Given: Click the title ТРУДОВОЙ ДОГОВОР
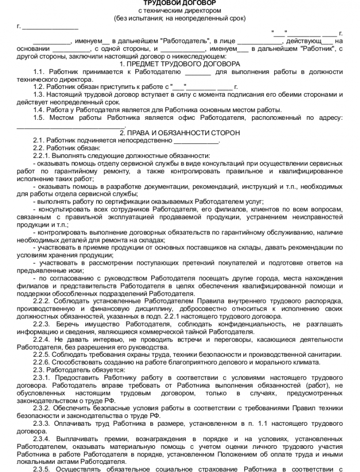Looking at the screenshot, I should click(x=179, y=3).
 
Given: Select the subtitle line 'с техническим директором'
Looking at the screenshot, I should click(x=179, y=10).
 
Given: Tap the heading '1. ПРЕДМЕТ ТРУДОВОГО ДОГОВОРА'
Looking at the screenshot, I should click(x=179, y=64).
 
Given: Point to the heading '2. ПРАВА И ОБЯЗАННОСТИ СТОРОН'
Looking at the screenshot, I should click(x=179, y=133).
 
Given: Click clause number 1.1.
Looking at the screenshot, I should click(x=38, y=72).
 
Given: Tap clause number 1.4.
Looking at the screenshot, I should click(x=38, y=110).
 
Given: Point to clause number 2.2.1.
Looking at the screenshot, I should click(x=41, y=156).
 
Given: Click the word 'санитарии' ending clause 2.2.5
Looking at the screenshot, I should click(x=323, y=355).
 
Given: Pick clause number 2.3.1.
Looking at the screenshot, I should click(x=41, y=378).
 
